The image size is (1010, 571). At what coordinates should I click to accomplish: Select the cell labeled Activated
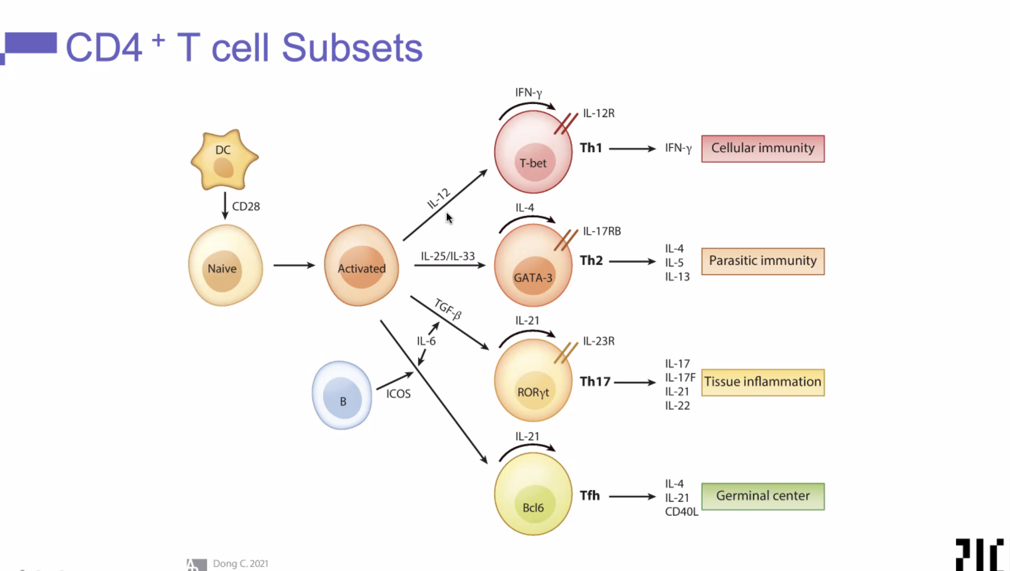(x=361, y=266)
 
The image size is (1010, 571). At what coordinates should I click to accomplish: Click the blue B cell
(x=342, y=396)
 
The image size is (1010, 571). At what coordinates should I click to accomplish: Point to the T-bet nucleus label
(x=533, y=163)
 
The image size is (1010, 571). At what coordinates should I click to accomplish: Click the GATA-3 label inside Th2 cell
(x=533, y=278)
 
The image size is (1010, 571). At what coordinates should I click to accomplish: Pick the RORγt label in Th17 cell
(x=533, y=392)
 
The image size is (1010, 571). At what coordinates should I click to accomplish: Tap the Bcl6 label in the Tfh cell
(x=533, y=508)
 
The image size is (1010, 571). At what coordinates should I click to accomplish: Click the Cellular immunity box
(x=763, y=148)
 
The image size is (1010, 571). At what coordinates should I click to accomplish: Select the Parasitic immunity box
(x=763, y=261)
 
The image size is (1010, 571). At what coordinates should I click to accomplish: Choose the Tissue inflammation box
(x=763, y=382)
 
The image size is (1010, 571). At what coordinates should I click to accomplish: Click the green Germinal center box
(x=763, y=496)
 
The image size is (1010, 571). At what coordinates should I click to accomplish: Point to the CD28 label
(x=246, y=207)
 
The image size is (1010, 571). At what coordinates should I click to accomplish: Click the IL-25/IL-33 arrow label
(x=448, y=256)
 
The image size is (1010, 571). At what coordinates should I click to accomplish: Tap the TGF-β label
(x=448, y=308)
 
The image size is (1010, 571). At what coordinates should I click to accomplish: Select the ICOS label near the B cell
(x=398, y=394)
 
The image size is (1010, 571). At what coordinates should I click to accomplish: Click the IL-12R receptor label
(x=599, y=113)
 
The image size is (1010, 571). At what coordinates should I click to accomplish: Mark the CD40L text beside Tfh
(x=681, y=512)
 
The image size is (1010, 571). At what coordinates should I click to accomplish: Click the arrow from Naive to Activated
(x=294, y=265)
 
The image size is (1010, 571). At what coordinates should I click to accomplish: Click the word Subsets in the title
(x=352, y=48)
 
